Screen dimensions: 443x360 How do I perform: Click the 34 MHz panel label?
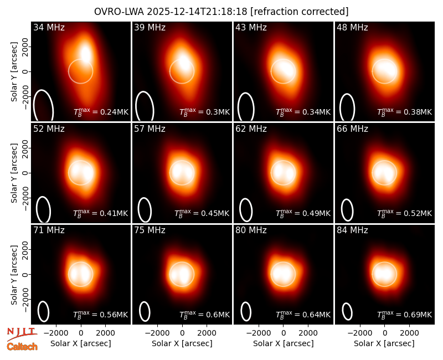pos(49,27)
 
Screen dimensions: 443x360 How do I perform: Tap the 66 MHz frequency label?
pos(352,129)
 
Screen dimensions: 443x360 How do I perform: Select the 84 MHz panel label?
pos(352,230)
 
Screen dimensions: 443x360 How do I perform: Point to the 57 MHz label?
pos(150,129)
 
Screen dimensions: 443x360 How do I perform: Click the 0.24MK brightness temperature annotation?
pos(101,112)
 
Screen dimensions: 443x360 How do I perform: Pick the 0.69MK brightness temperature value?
pos(405,314)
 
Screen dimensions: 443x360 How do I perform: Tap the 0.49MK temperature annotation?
pos(303,213)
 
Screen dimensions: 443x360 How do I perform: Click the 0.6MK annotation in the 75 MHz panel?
pos(204,314)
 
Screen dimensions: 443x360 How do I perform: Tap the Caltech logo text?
pos(22,347)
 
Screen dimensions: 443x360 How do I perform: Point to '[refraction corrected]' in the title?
pos(300,12)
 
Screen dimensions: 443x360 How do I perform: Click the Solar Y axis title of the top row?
pos(14,72)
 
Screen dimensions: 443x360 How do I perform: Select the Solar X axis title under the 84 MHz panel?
pos(384,343)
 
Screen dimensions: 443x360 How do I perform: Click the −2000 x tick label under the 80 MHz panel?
pos(259,333)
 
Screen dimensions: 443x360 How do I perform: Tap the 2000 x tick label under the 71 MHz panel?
pos(105,333)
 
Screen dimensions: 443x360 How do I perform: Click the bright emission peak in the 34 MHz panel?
pos(85,53)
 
